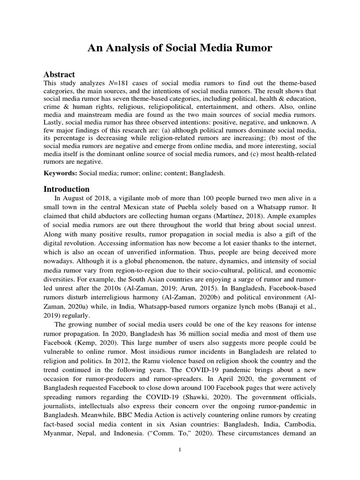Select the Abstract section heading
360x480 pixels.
[x=59, y=75]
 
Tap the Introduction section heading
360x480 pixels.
[x=67, y=189]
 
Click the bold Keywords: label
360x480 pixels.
[x=60, y=173]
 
